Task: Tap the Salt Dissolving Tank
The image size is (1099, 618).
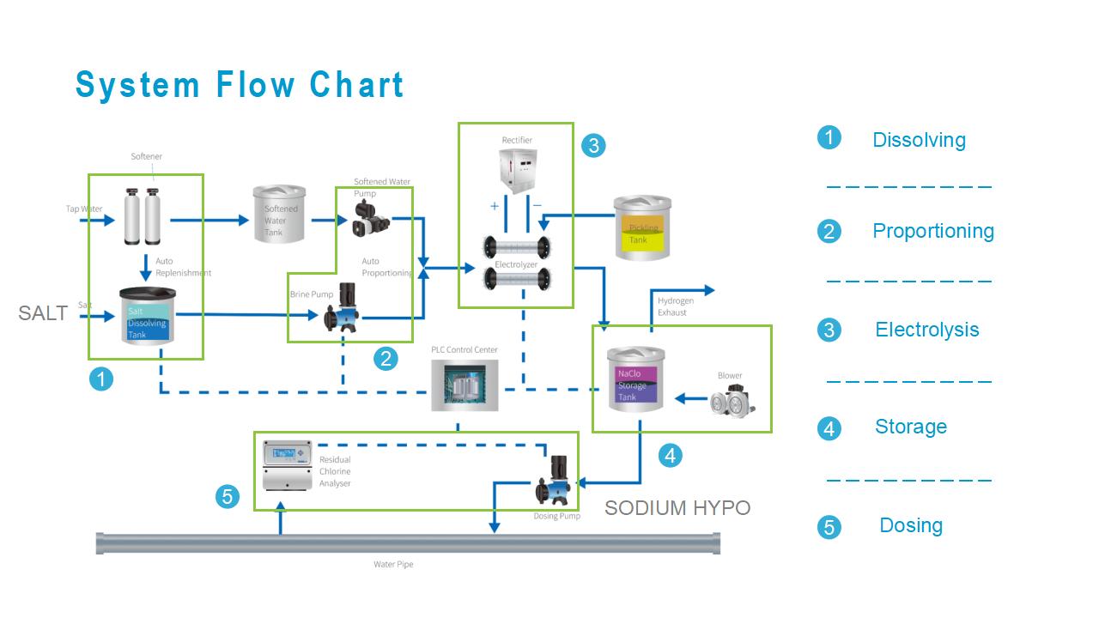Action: (146, 316)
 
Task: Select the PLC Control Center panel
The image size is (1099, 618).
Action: (464, 384)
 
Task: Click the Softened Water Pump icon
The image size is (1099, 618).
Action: (369, 217)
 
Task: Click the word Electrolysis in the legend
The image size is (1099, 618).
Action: (926, 330)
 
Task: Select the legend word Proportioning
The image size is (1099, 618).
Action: (932, 231)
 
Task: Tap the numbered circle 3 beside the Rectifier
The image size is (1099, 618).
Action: (592, 145)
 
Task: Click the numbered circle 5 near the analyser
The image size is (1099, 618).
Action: (228, 496)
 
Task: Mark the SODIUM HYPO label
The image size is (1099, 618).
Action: (677, 508)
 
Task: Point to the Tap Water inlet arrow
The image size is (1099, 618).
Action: (98, 221)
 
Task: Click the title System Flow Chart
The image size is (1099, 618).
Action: (240, 86)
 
